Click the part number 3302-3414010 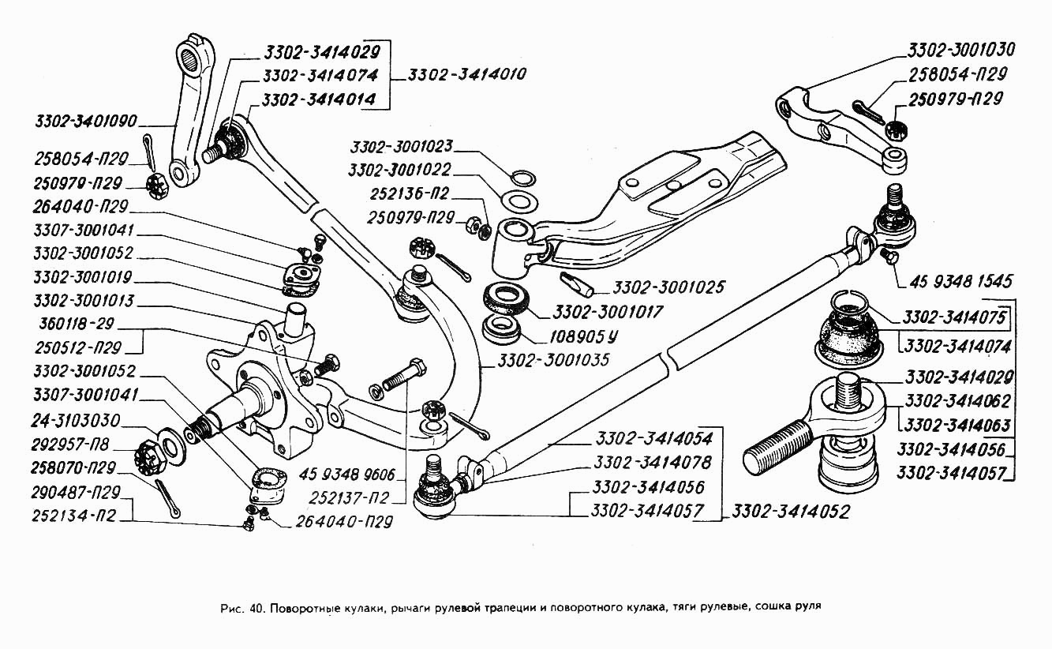coord(467,75)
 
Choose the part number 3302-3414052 coord(790,511)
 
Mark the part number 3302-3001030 coord(960,49)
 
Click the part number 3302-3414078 coord(653,462)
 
